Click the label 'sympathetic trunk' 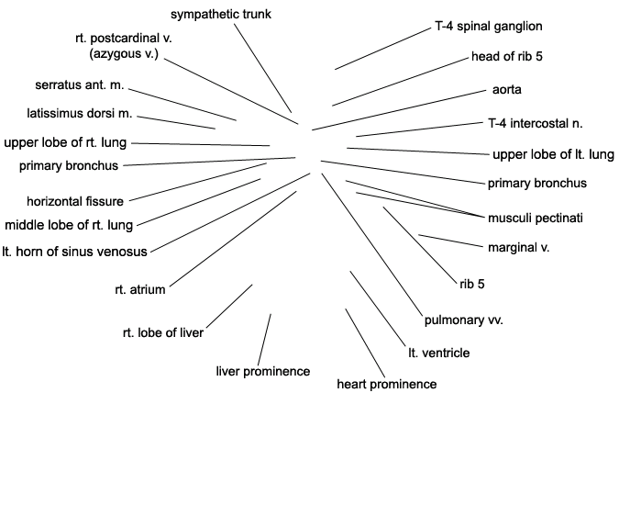pyautogui.click(x=221, y=15)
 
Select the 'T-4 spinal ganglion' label pyautogui.click(x=489, y=27)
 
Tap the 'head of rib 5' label pyautogui.click(x=507, y=57)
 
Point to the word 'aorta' pyautogui.click(x=507, y=90)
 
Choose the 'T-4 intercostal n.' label pyautogui.click(x=536, y=124)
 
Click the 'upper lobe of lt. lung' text pyautogui.click(x=553, y=154)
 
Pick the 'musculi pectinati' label pyautogui.click(x=536, y=219)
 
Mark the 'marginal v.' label pyautogui.click(x=519, y=248)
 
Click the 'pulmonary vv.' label pyautogui.click(x=464, y=320)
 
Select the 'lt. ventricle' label pyautogui.click(x=439, y=353)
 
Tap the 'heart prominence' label pyautogui.click(x=387, y=385)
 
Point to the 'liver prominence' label pyautogui.click(x=263, y=372)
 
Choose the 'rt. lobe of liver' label pyautogui.click(x=163, y=333)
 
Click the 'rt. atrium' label pyautogui.click(x=140, y=289)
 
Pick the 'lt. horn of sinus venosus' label pyautogui.click(x=74, y=252)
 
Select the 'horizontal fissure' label pyautogui.click(x=75, y=201)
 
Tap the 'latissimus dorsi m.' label pyautogui.click(x=80, y=114)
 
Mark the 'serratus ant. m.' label pyautogui.click(x=80, y=85)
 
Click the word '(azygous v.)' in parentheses pyautogui.click(x=124, y=54)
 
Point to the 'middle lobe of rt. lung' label pyautogui.click(x=69, y=225)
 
